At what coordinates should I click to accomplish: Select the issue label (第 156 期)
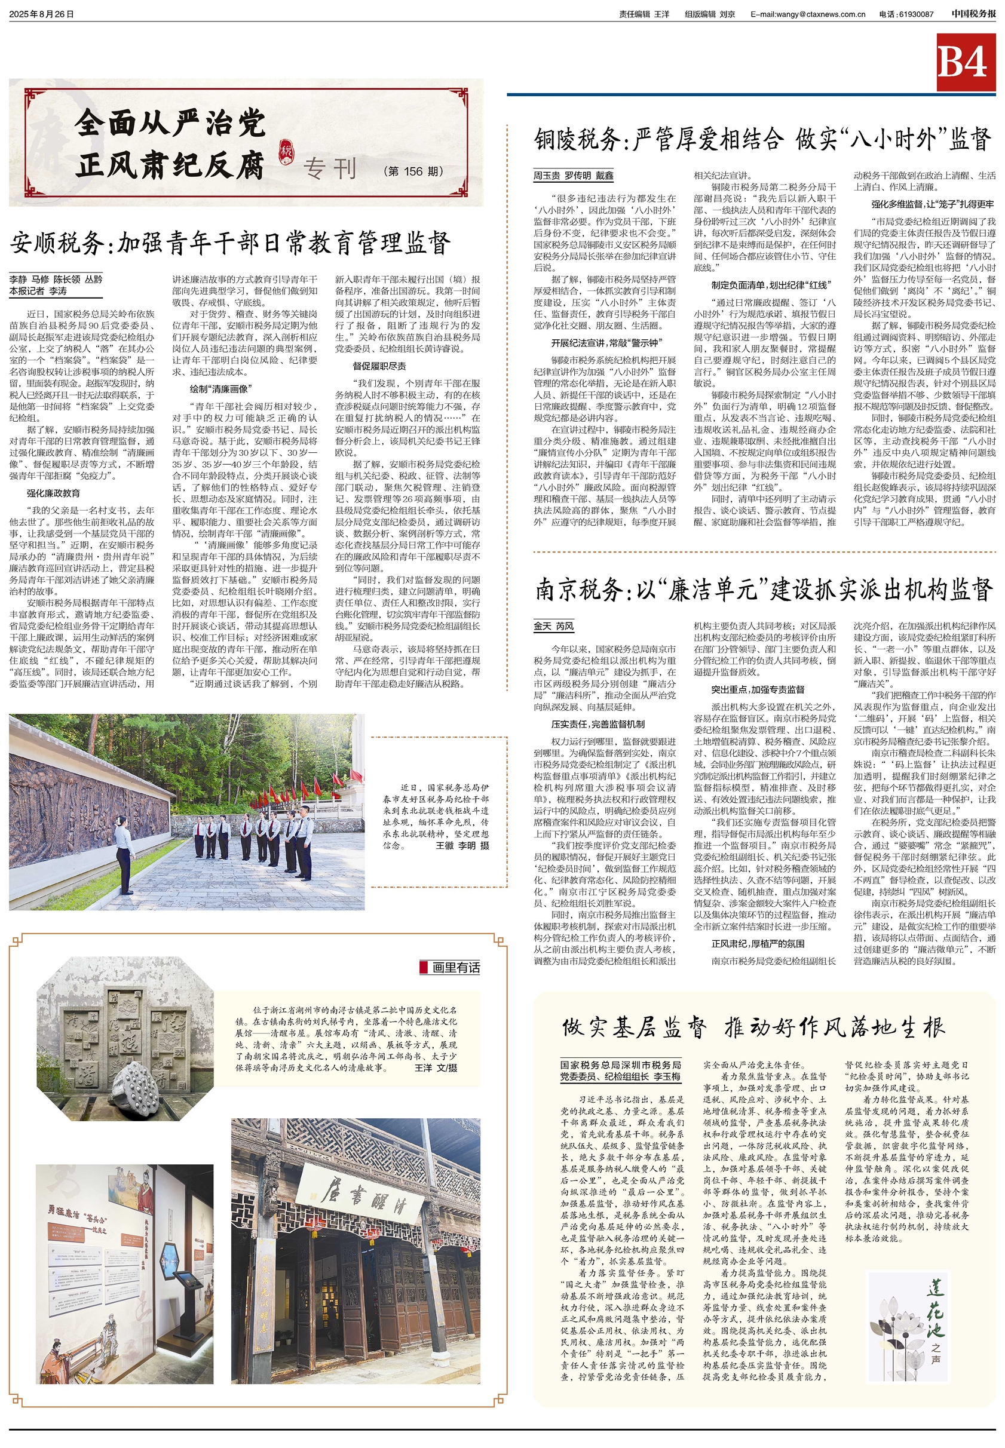point(413,171)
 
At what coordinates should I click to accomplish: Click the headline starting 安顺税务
point(230,243)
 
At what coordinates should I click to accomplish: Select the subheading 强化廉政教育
point(54,493)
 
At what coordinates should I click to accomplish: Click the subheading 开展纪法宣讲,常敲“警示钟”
point(605,343)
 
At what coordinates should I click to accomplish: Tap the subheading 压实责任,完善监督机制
point(598,724)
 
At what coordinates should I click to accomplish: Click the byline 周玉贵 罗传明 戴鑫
point(573,176)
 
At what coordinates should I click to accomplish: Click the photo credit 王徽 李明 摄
point(462,845)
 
